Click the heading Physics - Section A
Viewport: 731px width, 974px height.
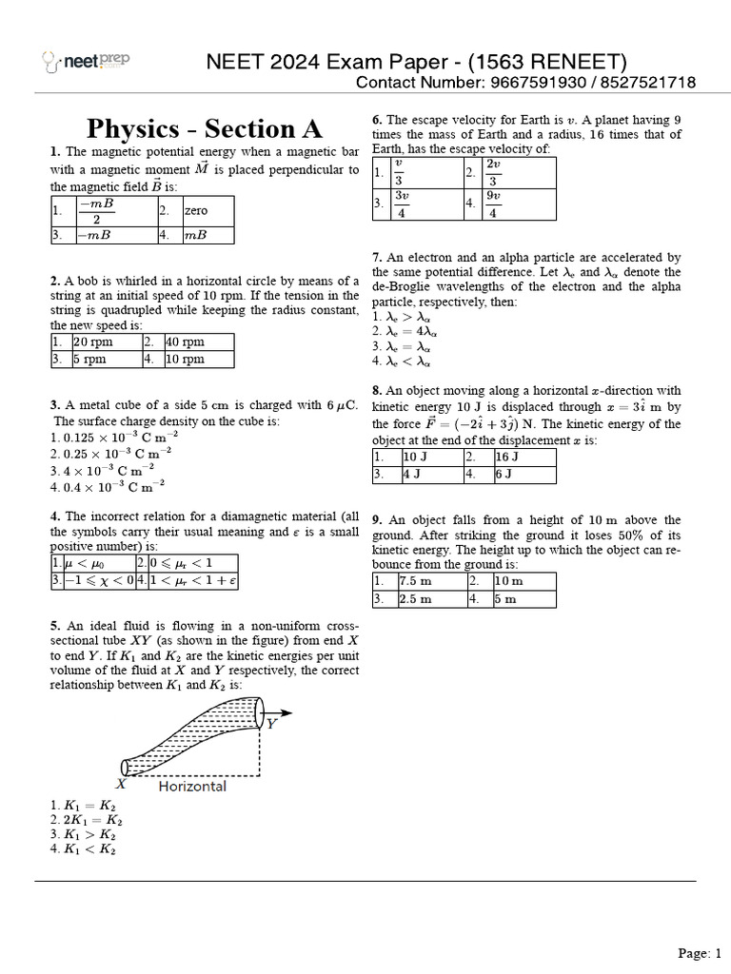205,128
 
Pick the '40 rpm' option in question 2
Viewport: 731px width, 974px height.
187,341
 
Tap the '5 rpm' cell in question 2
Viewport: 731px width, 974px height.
90,360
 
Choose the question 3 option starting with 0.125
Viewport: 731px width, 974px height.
113,437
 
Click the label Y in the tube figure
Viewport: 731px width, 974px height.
272,723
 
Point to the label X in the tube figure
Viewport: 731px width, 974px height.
121,784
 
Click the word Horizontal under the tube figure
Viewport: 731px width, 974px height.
192,787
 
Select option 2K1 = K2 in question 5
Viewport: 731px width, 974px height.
87,820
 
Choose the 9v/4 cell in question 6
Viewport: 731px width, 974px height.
493,204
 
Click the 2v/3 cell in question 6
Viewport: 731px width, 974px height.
493,172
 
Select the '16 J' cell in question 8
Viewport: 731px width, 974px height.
508,457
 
